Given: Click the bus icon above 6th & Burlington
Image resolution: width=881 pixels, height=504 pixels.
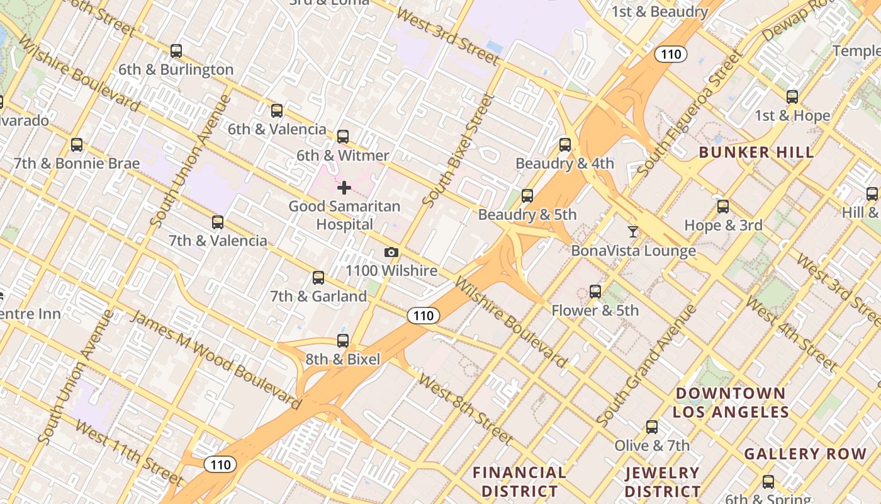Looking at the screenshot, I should pos(176,51).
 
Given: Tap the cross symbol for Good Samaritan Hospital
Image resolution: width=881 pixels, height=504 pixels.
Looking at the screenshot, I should pos(344,188).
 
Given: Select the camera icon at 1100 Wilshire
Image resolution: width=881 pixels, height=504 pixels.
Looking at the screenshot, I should pos(391,253).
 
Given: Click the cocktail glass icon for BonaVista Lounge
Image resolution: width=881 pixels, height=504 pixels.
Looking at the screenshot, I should pos(633,232).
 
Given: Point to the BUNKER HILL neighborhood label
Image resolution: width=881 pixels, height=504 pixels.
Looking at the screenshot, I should pos(756,152).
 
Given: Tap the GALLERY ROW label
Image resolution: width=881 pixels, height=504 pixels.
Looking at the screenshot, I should pos(805,454).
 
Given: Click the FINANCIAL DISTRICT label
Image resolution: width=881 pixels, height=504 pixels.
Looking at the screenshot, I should pos(519,481).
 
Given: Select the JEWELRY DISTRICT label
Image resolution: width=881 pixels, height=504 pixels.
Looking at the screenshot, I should pos(663,481).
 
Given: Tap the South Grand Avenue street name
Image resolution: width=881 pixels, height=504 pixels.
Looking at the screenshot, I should pos(646,365).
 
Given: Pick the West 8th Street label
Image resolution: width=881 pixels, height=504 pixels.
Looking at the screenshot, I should pos(466,408).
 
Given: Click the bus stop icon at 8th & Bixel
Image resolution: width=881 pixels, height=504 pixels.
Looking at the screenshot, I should pos(343,341).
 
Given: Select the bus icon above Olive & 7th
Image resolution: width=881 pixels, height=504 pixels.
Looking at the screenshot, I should pos(652,427).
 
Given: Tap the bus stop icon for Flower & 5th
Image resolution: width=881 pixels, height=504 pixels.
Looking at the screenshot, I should pos(595,292).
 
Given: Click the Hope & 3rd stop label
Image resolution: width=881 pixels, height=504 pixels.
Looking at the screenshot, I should pos(723,225).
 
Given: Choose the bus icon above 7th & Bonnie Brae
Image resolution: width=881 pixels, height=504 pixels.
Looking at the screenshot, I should pos(77,145).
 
